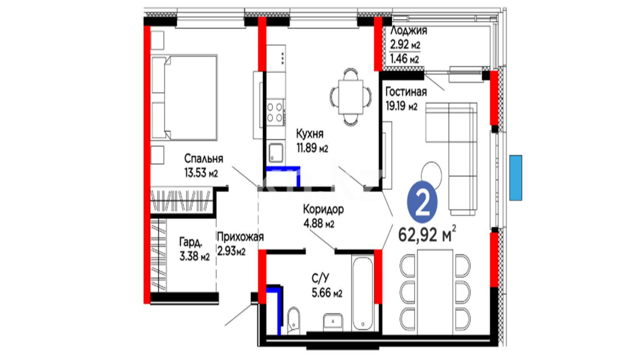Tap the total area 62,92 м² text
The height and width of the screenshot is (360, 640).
click(x=427, y=234)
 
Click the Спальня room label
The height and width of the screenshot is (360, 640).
click(x=204, y=159)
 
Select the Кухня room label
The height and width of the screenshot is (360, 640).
click(x=310, y=134)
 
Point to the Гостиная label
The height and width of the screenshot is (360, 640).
click(x=406, y=92)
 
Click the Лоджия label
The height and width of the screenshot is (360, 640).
click(x=409, y=30)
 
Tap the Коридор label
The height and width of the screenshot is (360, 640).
click(x=323, y=209)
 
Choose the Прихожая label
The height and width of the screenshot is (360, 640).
click(x=240, y=237)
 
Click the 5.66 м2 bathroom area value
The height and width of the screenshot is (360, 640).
click(x=327, y=293)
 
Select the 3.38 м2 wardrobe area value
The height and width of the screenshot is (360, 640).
click(x=195, y=256)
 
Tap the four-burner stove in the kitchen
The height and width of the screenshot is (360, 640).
click(x=275, y=112)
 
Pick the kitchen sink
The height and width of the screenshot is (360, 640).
click(x=276, y=153)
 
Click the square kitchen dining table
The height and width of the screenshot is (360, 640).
click(x=351, y=97)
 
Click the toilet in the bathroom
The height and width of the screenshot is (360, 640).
click(x=293, y=320)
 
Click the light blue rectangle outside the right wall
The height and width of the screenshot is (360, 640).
click(x=516, y=178)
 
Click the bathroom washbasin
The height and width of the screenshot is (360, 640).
click(x=333, y=322)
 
